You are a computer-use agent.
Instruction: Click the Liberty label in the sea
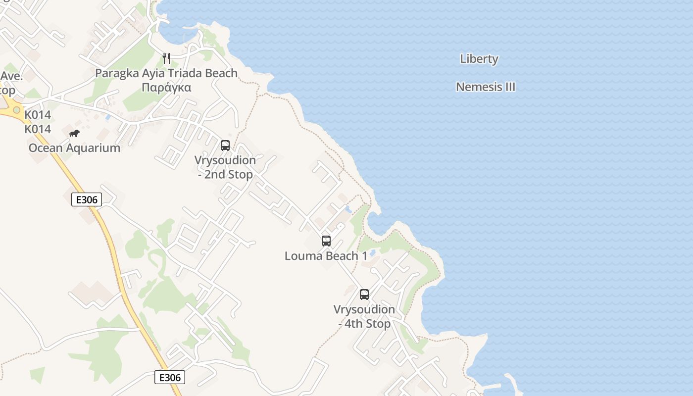[479, 59]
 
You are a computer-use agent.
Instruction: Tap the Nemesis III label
[485, 87]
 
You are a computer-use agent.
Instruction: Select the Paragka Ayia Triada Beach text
[166, 73]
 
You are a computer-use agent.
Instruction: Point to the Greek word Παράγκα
[166, 88]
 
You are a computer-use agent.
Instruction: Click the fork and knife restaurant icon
[166, 58]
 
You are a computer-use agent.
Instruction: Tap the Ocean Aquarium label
[74, 148]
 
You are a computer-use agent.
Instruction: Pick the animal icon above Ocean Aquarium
[74, 133]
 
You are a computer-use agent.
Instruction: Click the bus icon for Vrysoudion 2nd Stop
[225, 146]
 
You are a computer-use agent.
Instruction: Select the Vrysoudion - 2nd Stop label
[225, 167]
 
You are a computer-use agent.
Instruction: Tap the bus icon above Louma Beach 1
[326, 241]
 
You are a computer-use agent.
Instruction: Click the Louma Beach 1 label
[326, 256]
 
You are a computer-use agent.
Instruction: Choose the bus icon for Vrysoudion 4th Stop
[364, 295]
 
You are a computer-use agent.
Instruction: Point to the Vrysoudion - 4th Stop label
[364, 316]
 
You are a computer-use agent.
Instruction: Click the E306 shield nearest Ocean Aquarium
[87, 199]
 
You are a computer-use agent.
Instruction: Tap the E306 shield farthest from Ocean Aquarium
[170, 377]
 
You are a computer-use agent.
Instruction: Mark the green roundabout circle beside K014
[17, 110]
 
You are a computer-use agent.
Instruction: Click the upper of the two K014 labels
[38, 115]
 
